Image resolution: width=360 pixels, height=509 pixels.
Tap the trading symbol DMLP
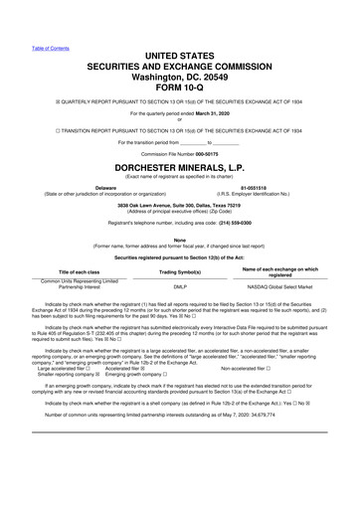pos(180,284)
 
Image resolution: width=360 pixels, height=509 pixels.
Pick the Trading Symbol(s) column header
pos(180,271)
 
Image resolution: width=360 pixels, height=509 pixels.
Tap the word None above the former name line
pos(180,237)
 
